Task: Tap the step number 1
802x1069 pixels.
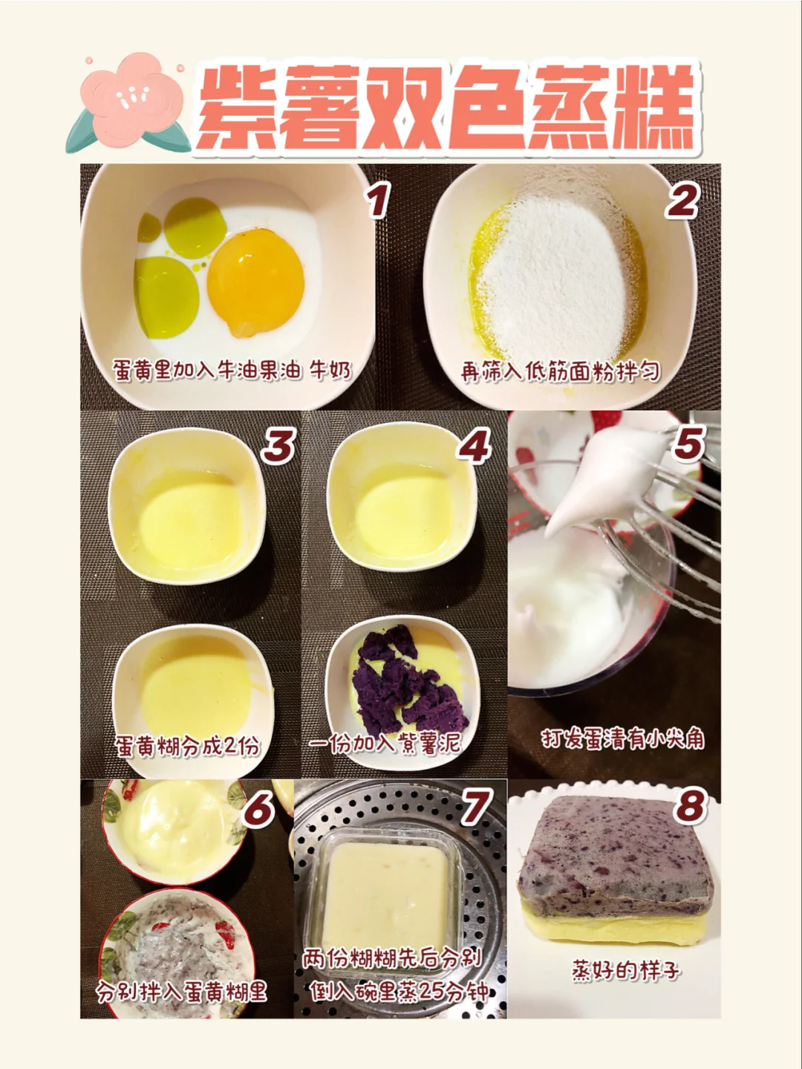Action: [378, 200]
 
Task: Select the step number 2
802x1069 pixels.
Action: [682, 200]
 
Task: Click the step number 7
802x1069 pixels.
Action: [472, 807]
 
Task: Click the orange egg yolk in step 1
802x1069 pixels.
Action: [255, 283]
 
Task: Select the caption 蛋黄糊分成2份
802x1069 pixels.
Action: [187, 747]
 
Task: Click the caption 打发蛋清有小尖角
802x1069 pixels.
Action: [622, 740]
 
